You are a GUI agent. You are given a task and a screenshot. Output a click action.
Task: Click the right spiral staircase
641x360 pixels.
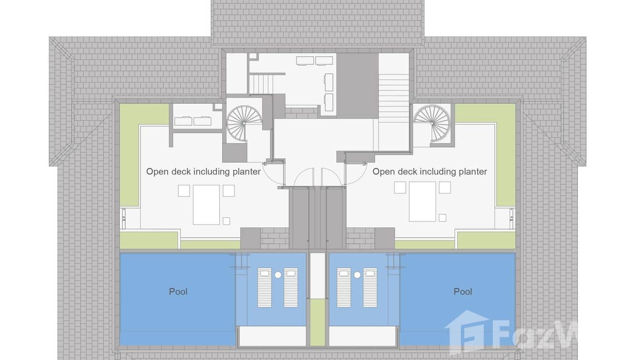[432, 121]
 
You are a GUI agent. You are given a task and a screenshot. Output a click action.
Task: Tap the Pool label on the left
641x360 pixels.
[178, 291]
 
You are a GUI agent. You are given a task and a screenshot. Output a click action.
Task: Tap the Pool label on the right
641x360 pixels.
[462, 291]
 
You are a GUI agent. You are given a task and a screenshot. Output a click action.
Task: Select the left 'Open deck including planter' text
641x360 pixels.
[203, 171]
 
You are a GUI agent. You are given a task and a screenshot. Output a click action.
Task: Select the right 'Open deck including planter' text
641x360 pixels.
[429, 171]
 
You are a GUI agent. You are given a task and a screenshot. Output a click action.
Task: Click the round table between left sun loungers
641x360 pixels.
[278, 275]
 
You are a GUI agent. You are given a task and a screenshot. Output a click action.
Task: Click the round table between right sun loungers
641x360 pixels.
[357, 275]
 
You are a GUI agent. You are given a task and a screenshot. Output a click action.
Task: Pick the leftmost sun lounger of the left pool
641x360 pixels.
[265, 287]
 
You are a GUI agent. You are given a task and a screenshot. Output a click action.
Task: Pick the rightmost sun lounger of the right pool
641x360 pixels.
[370, 287]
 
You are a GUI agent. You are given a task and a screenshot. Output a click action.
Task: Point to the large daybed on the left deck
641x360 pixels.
[206, 204]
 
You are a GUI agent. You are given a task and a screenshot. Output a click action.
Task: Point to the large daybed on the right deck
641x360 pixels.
[423, 201]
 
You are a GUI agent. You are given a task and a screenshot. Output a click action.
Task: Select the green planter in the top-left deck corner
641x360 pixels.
[143, 115]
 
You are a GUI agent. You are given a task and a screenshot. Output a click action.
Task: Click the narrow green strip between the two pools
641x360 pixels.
[317, 322]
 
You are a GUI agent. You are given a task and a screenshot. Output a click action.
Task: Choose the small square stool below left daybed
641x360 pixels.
[226, 221]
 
